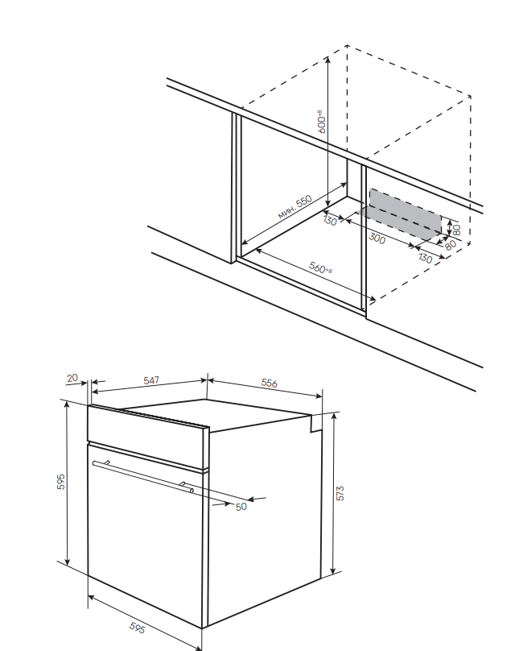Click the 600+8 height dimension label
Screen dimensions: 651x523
pos(320,120)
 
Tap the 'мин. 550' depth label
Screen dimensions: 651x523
pos(294,207)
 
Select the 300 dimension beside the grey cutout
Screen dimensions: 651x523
pos(377,238)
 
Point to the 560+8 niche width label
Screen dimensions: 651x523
pos(320,268)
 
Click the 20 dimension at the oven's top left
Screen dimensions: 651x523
pos(72,378)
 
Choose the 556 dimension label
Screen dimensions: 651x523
pos(270,384)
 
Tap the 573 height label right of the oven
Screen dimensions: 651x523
pos(340,493)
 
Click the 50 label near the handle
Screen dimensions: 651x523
pos(241,507)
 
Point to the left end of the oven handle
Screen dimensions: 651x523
pos(95,463)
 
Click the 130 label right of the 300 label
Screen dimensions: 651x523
pos(425,259)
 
